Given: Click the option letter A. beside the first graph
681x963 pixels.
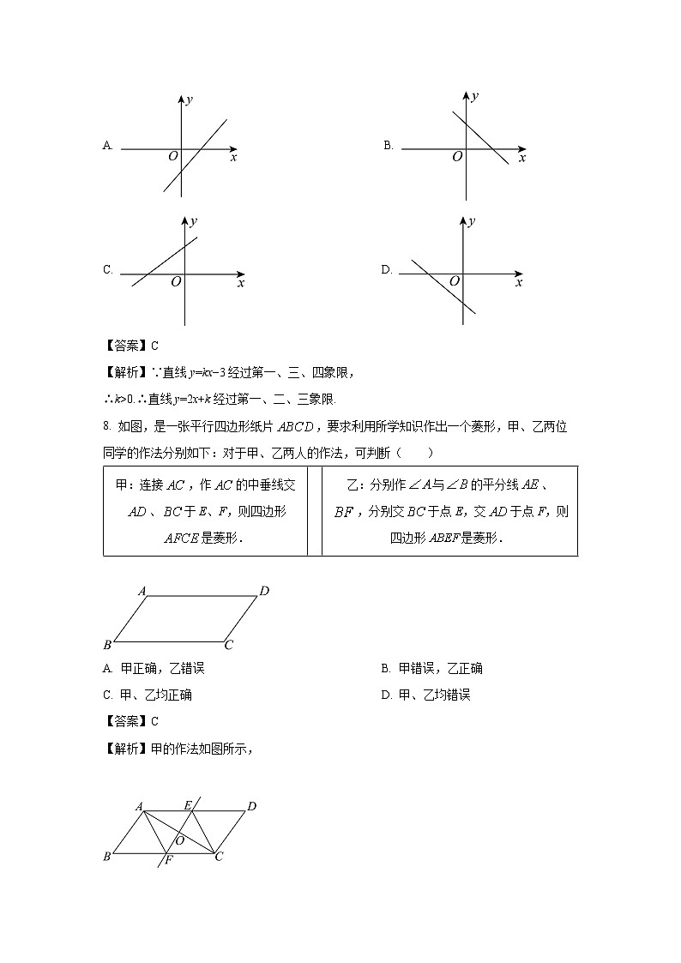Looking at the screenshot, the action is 108,146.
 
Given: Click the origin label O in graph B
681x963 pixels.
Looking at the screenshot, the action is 457,156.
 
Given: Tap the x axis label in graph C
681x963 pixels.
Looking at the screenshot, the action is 241,282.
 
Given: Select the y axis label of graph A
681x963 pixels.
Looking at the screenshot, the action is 190,100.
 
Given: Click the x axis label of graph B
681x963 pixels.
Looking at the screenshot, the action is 522,158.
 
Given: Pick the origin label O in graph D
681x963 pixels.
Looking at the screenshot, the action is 455,280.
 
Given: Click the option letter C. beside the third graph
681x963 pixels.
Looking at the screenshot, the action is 108,269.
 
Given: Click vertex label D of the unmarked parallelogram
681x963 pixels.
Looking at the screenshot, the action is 265,590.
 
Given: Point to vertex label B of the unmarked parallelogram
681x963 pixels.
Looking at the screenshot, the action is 107,645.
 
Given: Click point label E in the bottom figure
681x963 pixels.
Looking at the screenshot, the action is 188,805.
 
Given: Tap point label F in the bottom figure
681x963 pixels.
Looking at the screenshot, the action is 169,858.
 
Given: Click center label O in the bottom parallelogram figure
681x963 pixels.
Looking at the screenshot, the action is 180,840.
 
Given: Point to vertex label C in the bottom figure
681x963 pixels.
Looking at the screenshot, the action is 220,856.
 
